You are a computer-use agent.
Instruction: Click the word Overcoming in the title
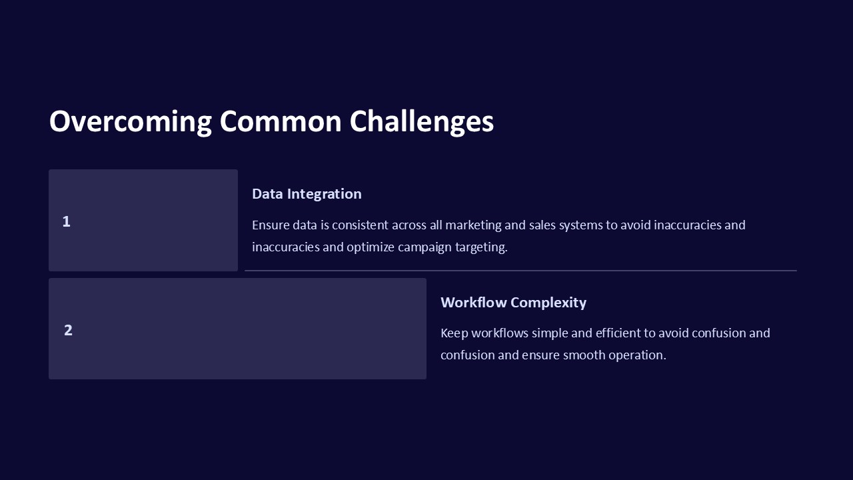point(130,122)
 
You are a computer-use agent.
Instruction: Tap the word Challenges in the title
point(421,122)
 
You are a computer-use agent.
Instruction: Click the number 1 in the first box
point(66,222)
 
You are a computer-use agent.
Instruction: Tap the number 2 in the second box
point(68,330)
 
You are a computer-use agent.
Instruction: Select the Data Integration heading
point(307,194)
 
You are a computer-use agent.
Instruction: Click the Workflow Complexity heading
point(513,303)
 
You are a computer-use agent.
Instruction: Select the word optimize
point(371,247)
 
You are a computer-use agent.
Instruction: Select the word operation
point(638,355)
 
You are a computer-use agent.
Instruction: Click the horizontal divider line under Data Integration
point(520,271)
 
